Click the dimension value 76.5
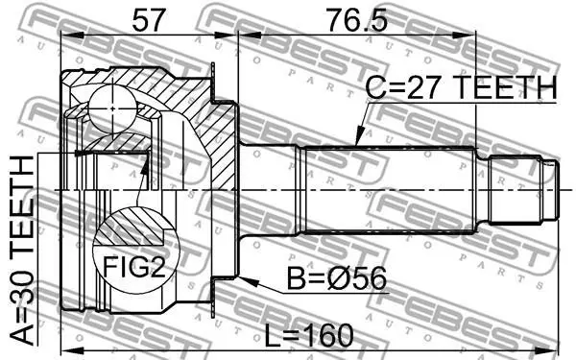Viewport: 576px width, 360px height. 357,20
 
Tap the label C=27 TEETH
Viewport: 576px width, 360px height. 462,88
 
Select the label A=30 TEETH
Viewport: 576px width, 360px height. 22,251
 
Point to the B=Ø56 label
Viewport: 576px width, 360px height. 337,278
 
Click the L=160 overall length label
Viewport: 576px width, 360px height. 309,335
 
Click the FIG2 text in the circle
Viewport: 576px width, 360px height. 134,267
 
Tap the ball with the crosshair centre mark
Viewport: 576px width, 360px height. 112,108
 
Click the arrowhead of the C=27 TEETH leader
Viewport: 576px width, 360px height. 359,136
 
